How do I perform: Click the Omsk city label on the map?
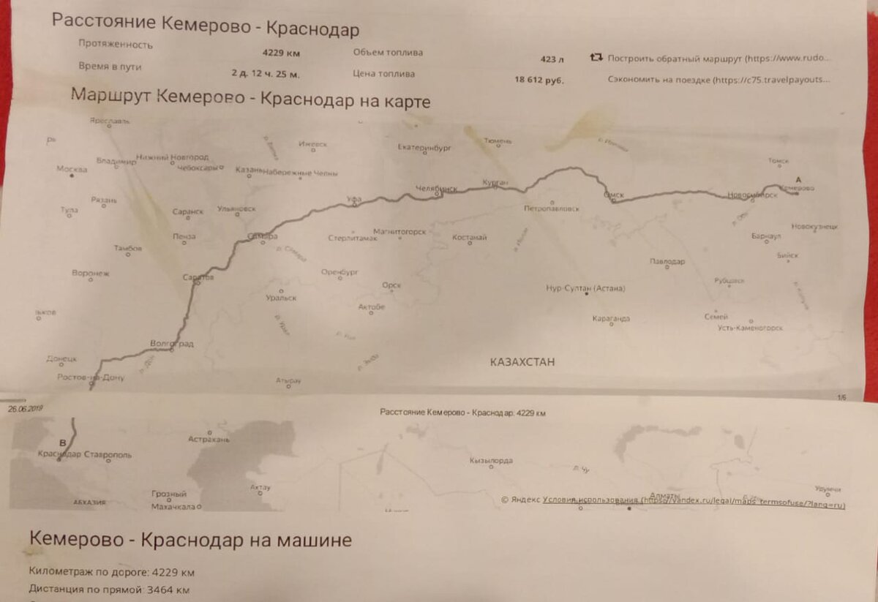(613, 195)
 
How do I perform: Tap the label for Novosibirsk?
(752, 195)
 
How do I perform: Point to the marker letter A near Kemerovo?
(798, 179)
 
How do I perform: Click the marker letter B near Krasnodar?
(62, 443)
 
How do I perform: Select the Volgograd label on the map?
(171, 343)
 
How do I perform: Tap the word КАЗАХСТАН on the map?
(522, 362)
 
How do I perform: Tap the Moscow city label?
(72, 169)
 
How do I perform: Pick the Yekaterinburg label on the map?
(424, 148)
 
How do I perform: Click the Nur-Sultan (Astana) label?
(585, 288)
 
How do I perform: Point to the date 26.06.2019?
(26, 410)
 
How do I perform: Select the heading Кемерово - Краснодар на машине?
(190, 540)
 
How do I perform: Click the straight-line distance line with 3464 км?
(110, 590)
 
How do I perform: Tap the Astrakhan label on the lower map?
(209, 440)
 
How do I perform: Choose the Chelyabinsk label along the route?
(435, 188)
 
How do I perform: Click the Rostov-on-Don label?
(91, 378)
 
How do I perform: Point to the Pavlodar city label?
(667, 261)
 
